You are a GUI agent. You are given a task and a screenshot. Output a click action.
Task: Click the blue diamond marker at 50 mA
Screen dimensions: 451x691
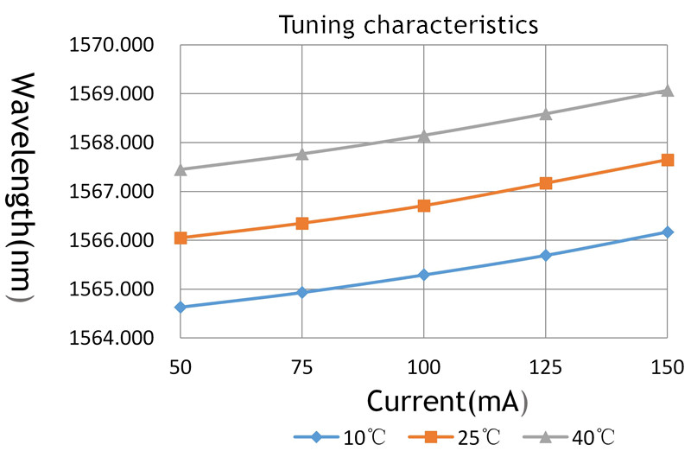[181, 307]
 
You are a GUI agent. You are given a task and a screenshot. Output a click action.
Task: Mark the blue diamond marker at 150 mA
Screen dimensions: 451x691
[667, 232]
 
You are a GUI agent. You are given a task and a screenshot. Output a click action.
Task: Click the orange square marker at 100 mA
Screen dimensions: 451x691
[424, 206]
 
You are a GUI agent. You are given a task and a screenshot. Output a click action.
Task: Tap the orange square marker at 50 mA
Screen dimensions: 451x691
[181, 238]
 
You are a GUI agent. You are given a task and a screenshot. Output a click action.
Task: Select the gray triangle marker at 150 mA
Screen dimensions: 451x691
[667, 90]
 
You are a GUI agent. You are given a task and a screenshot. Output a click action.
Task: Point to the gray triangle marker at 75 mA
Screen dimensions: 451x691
[301, 153]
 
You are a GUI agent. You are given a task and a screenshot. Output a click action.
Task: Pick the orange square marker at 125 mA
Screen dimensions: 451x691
[545, 183]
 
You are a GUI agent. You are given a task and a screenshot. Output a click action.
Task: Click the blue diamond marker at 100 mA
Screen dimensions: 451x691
[424, 275]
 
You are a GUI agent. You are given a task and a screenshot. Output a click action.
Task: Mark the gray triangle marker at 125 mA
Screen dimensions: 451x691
[545, 113]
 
